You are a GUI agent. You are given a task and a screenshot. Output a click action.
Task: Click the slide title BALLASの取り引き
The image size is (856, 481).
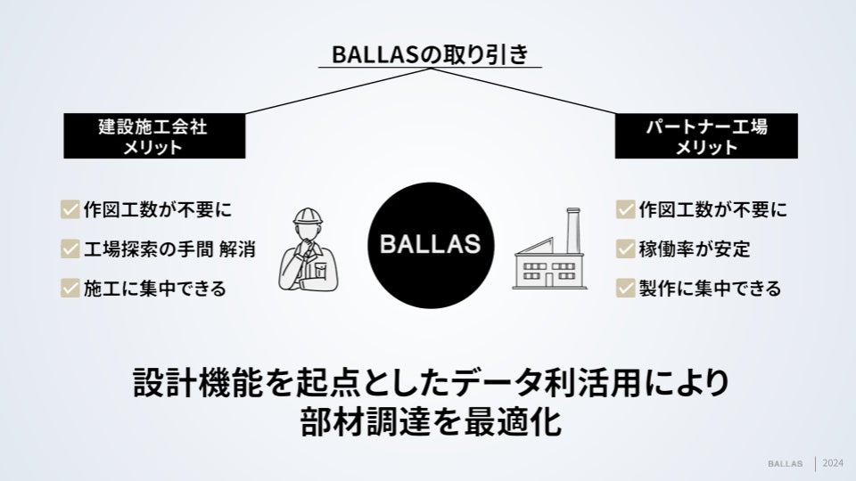429,54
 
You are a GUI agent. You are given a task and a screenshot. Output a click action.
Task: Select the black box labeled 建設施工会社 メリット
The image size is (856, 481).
152,136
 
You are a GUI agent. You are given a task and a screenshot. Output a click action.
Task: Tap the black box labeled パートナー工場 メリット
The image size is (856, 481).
705,136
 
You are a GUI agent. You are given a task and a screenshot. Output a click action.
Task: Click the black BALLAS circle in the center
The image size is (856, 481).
429,243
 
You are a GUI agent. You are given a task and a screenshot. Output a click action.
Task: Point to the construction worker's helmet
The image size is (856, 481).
308,216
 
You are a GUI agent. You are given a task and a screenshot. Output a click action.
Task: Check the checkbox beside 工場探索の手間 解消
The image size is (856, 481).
70,249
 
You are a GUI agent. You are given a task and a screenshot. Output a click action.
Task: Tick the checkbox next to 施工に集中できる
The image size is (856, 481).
70,289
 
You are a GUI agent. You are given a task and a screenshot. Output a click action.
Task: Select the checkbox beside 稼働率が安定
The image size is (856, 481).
625,249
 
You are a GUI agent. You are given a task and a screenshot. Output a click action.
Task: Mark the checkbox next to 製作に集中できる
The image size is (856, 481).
625,289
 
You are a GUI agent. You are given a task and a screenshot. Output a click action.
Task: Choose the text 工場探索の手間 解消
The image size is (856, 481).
169,249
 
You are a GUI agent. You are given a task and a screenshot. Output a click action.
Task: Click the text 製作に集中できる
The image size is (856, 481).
710,289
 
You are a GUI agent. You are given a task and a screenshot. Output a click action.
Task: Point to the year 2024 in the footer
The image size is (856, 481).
834,463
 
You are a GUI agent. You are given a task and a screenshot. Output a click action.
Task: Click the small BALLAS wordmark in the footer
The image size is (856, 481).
786,464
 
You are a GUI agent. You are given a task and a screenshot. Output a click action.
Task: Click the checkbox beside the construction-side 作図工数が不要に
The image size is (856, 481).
70,210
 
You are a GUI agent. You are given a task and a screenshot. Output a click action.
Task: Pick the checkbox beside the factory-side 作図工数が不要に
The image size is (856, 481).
625,210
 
